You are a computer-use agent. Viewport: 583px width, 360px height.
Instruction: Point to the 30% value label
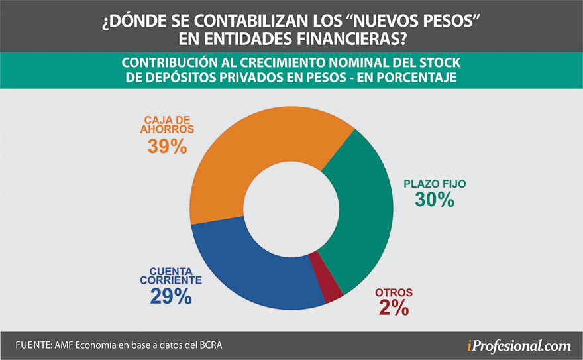click(x=434, y=199)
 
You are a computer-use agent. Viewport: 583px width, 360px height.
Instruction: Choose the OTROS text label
click(x=394, y=292)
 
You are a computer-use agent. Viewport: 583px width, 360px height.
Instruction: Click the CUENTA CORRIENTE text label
click(x=170, y=276)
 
